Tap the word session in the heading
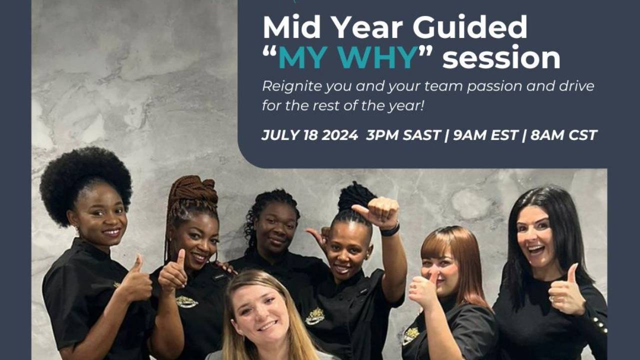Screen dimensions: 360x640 point(501,58)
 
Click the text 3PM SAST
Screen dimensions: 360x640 point(402,135)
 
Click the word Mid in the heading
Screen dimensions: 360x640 point(288,28)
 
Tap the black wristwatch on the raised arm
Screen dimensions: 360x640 point(390,229)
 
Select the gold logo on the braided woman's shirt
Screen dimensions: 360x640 point(186,301)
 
